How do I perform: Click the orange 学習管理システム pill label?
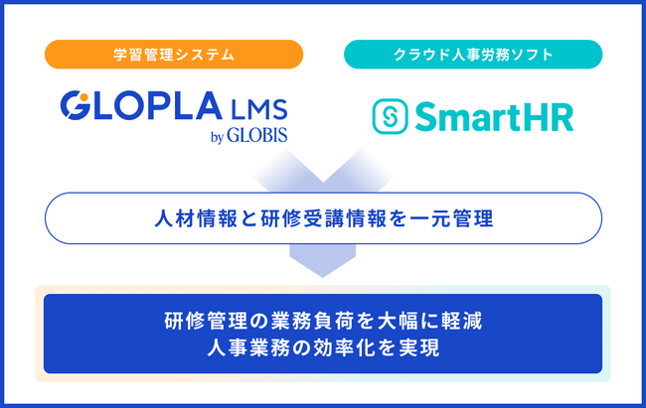(174, 55)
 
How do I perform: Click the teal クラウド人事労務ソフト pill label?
(473, 55)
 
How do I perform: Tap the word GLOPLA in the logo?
(141, 106)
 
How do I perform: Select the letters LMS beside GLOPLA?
(259, 109)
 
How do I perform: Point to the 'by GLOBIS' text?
(248, 136)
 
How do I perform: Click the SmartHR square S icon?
(391, 116)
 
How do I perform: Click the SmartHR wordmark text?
(494, 117)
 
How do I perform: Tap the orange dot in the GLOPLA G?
(83, 97)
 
